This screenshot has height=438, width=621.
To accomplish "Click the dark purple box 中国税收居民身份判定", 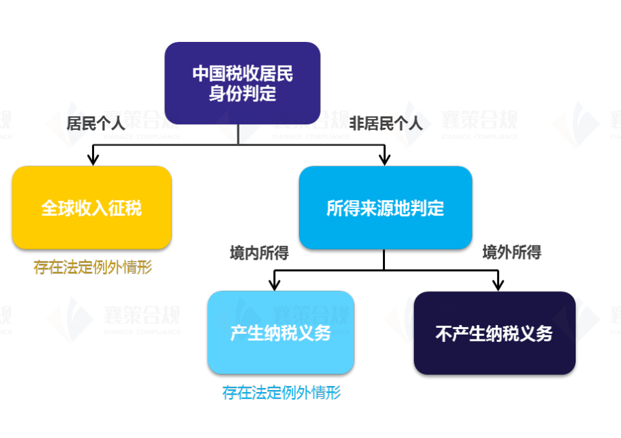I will point(242,82).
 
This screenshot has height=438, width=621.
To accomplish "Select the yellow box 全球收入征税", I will point(91,207).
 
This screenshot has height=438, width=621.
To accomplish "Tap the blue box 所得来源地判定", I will point(385,208).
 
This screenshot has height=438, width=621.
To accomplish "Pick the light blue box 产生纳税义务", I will point(280,333).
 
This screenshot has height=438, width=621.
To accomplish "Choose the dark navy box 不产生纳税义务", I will point(494,333).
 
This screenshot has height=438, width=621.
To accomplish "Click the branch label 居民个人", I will point(96,123).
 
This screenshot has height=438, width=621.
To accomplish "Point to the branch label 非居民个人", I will point(386,123).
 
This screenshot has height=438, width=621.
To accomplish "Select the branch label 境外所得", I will point(511,253).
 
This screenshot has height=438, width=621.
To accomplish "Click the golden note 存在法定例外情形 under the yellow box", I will point(93,268).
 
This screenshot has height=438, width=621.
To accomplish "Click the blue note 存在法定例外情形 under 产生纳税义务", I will point(281,393).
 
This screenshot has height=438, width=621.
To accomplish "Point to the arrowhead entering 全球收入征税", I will point(93,160).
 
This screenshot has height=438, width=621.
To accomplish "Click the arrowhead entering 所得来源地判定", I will point(384,160).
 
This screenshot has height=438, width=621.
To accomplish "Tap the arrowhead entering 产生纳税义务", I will point(274,285).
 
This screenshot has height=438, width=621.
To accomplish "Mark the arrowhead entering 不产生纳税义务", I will point(498,285).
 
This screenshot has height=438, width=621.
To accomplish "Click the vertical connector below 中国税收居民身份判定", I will point(238,134).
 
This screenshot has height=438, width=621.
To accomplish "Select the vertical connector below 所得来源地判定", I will point(384,260).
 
